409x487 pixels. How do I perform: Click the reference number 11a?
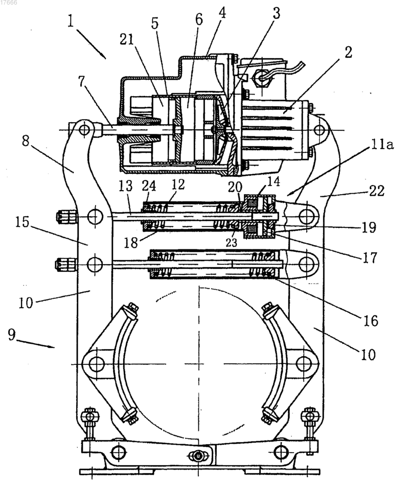tap(382, 145)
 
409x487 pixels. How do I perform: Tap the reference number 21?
tap(127, 39)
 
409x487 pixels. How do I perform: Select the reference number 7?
tap(82, 82)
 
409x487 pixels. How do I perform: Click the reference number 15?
tap(22, 222)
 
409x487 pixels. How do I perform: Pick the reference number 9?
tap(11, 335)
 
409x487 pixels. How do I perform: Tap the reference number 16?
tap(371, 320)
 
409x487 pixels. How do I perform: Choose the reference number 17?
tap(370, 258)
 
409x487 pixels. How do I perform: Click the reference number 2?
tap(348, 52)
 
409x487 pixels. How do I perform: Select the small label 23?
tap(231, 242)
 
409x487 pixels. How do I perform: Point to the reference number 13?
tap(126, 185)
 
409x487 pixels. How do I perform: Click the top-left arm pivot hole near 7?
tap(84, 129)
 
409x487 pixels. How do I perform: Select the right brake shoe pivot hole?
tap(304, 363)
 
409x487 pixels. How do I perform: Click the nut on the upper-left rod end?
tap(66, 217)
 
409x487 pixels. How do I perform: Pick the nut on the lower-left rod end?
tap(65, 264)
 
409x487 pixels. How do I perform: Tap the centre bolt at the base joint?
tap(198, 456)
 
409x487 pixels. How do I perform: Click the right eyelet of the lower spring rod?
tap(306, 264)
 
